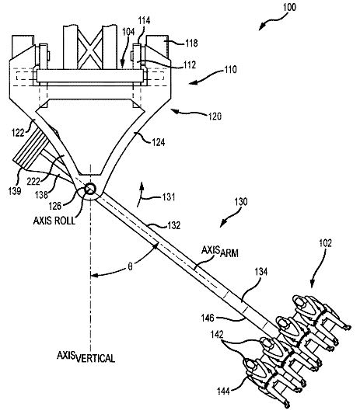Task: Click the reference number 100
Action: [290, 8]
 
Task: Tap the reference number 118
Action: [191, 43]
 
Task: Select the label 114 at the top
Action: [144, 21]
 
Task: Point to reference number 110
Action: [230, 70]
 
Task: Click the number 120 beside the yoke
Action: [215, 117]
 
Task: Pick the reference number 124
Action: [159, 142]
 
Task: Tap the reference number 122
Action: [18, 133]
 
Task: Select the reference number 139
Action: [15, 190]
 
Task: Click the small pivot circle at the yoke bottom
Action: [90, 189]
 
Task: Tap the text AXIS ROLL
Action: [54, 221]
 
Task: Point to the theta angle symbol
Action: [130, 266]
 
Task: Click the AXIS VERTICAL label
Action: [86, 357]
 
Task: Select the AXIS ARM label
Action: [220, 252]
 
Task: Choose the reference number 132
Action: [174, 225]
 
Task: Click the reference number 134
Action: [261, 271]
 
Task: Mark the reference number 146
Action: [208, 318]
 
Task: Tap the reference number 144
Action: [223, 391]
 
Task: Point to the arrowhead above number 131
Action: [142, 185]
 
